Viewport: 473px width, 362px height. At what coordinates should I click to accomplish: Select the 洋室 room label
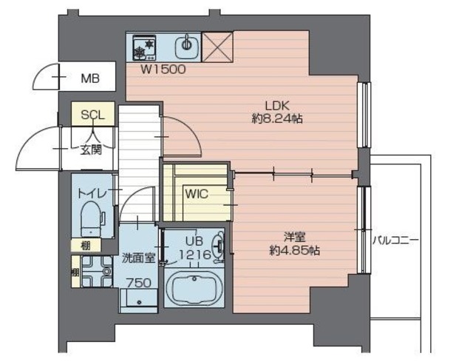click(x=294, y=237)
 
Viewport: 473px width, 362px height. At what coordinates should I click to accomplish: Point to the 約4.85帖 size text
click(x=294, y=250)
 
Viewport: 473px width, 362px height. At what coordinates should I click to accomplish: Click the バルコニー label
click(x=395, y=241)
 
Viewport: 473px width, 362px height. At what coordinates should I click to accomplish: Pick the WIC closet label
click(x=197, y=195)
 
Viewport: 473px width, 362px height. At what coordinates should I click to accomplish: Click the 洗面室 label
click(x=138, y=258)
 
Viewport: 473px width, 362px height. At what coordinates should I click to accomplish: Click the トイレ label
click(x=94, y=194)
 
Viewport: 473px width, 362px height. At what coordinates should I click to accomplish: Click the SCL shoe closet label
click(x=93, y=115)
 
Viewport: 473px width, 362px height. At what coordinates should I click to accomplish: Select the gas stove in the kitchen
click(x=142, y=48)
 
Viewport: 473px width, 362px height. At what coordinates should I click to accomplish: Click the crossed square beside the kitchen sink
click(x=219, y=47)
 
